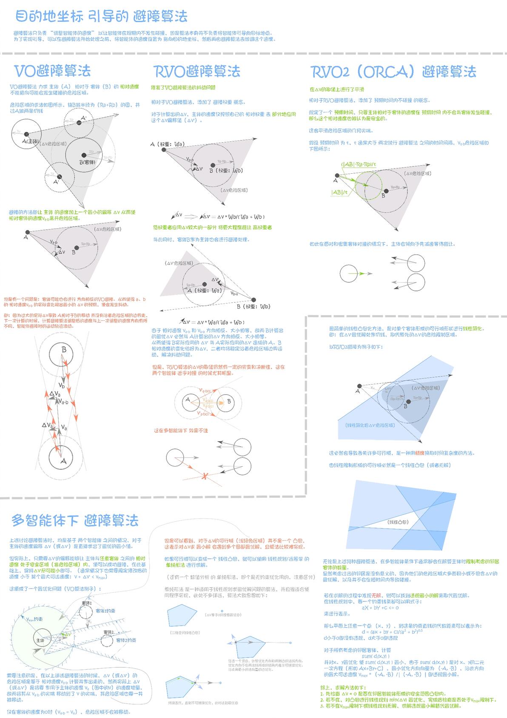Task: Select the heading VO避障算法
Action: [x=52, y=70]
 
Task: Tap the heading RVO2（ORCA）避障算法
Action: [x=393, y=72]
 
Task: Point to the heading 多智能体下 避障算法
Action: [x=75, y=520]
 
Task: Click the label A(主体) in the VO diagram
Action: [x=31, y=141]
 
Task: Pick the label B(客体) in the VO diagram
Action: [x=88, y=162]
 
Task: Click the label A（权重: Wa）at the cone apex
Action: [x=167, y=144]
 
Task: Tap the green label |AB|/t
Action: [x=339, y=192]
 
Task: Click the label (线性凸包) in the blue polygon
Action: [x=398, y=522]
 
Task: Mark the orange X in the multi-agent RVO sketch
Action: [x=205, y=476]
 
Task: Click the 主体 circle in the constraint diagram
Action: [x=40, y=640]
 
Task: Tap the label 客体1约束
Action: [x=105, y=611]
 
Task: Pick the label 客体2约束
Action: [x=126, y=640]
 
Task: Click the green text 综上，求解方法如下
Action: [x=343, y=687]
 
